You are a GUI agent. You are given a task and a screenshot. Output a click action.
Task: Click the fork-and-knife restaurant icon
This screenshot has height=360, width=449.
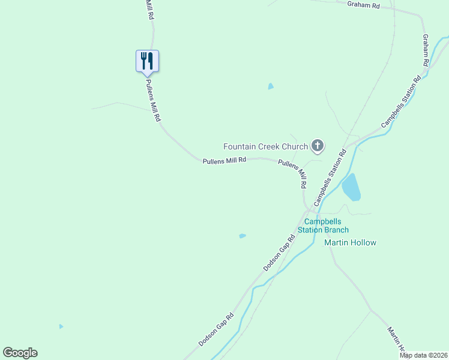pyautogui.click(x=147, y=61)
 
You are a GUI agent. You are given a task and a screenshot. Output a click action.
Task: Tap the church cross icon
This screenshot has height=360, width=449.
pyautogui.click(x=318, y=146)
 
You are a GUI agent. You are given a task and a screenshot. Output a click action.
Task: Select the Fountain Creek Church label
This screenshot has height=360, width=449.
pyautogui.click(x=265, y=146)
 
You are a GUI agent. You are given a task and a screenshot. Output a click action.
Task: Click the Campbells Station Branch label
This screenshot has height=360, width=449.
pyautogui.click(x=323, y=226)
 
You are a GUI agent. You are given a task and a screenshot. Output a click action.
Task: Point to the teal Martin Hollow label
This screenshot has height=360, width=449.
pyautogui.click(x=350, y=242)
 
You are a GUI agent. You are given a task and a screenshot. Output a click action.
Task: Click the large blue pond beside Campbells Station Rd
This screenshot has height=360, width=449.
pyautogui.click(x=351, y=188)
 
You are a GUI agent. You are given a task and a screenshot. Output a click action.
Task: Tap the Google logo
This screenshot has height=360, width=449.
pyautogui.click(x=20, y=353)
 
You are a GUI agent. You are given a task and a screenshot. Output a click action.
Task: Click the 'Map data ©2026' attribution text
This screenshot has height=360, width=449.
pyautogui.click(x=423, y=355)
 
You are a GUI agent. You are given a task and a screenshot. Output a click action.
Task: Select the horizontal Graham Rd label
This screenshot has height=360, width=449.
pyautogui.click(x=364, y=5)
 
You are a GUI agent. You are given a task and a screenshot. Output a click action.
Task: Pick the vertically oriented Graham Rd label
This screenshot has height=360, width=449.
pyautogui.click(x=425, y=50)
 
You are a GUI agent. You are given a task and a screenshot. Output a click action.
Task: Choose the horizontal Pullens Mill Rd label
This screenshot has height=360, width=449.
pyautogui.click(x=224, y=160)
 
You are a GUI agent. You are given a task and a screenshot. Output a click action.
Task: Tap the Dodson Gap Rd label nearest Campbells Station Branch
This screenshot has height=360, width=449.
pyautogui.click(x=280, y=252)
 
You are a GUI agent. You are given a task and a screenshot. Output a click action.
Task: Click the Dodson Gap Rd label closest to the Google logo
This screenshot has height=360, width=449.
pyautogui.click(x=217, y=329)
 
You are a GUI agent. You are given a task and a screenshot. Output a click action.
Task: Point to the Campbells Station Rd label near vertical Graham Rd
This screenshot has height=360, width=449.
pyautogui.click(x=402, y=102)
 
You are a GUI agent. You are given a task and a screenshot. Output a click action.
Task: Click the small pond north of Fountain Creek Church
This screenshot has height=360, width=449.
pyautogui.click(x=271, y=86)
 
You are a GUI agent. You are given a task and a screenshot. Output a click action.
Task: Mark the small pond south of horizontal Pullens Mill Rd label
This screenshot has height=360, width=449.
pyautogui.click(x=242, y=236)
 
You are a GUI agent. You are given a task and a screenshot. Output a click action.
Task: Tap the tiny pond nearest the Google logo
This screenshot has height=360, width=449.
pyautogui.click(x=61, y=326)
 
